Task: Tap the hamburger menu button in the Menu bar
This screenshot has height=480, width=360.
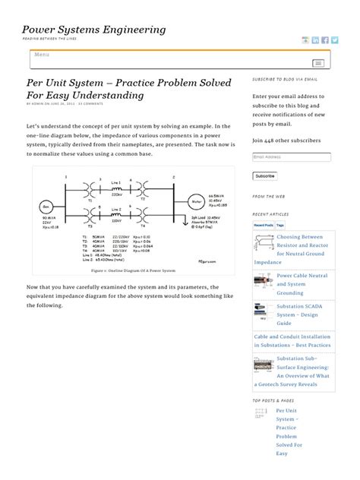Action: point(318,62)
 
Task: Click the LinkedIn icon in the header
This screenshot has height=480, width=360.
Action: point(315,40)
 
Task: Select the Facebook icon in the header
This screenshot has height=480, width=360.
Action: point(325,40)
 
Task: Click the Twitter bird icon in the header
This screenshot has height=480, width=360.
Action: point(335,40)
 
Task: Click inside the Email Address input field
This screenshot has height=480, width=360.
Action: point(292,157)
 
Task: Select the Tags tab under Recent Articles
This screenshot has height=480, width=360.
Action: point(280,226)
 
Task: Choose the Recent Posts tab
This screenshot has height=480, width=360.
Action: point(264,226)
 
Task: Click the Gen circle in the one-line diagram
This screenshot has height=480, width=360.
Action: point(46,207)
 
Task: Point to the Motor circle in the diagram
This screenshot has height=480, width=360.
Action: point(197,202)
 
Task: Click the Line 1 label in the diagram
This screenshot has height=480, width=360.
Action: point(116,183)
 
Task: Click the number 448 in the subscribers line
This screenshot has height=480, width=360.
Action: point(276,141)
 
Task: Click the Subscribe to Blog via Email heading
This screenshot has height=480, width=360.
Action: point(285,79)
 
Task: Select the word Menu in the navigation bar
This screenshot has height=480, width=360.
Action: point(43,55)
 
